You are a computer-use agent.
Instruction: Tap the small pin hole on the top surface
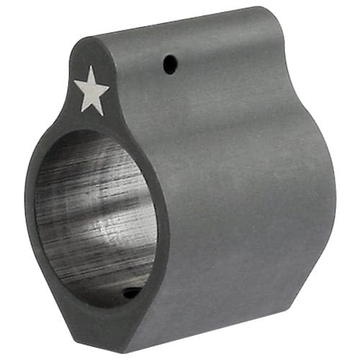(168, 64)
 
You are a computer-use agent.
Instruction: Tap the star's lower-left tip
(81, 111)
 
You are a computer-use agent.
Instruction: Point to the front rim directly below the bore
(108, 317)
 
